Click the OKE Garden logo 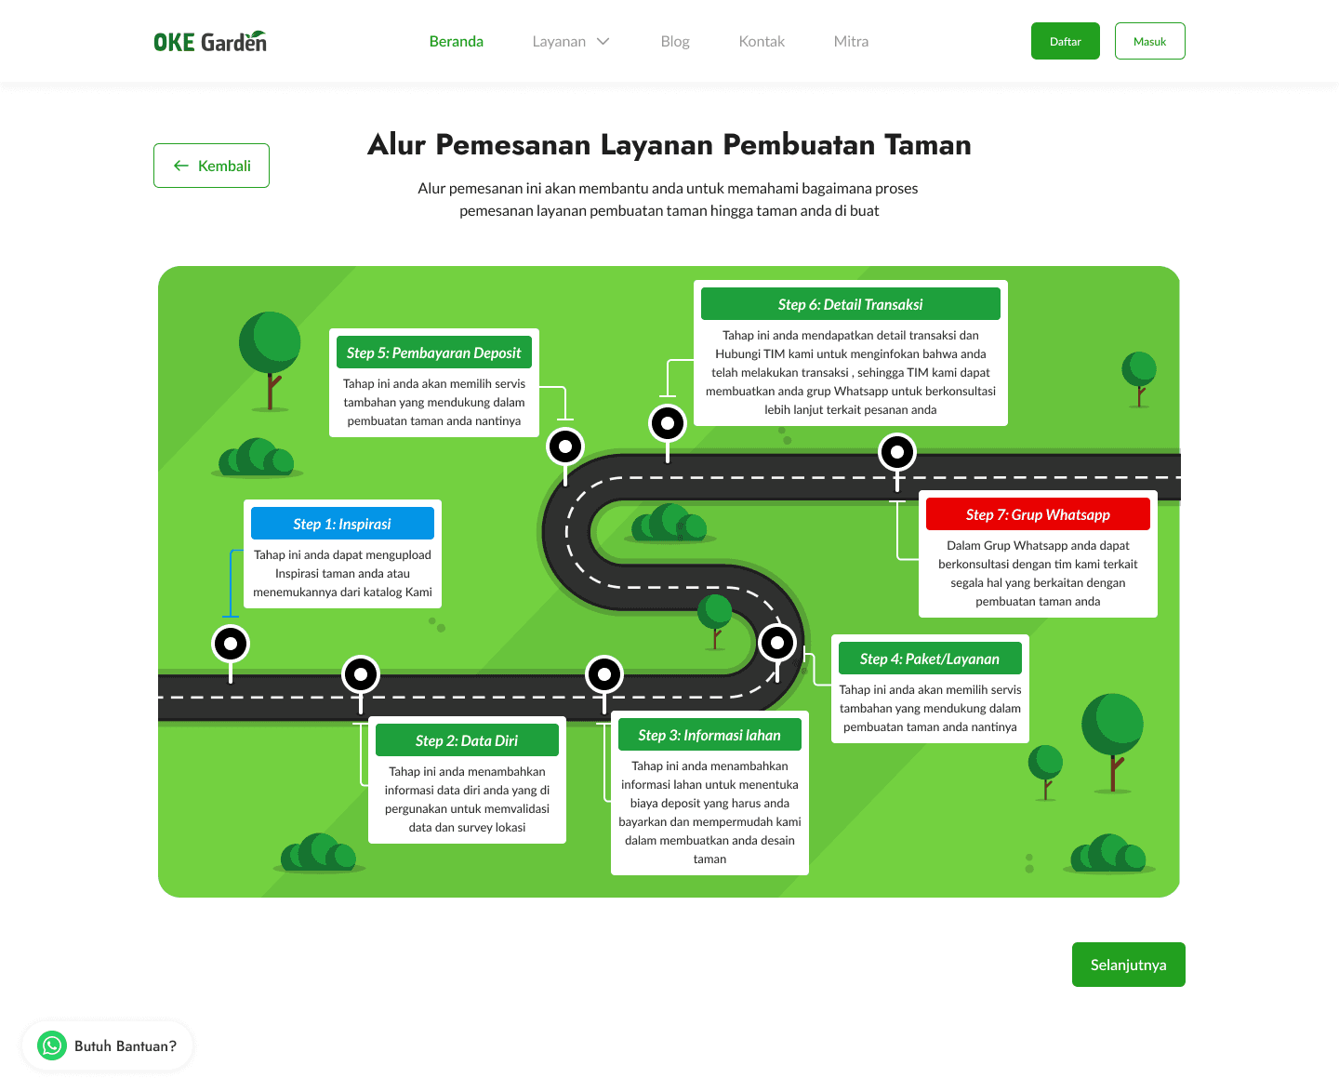point(210,42)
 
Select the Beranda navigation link point(456,42)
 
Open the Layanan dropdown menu point(570,42)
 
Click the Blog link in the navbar point(675,42)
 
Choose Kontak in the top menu point(762,42)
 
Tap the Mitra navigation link point(851,42)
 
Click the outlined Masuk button point(1149,42)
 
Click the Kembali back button point(211,166)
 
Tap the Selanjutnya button point(1128,965)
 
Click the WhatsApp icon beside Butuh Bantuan point(52,1045)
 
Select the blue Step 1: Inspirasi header point(342,524)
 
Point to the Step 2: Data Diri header point(467,740)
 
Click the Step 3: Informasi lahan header point(709,735)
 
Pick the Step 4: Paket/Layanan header point(930,659)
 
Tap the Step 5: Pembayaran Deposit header point(433,353)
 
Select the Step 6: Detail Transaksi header point(850,304)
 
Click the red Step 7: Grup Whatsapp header point(1038,514)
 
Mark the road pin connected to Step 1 point(231,643)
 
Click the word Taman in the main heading point(927,145)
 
